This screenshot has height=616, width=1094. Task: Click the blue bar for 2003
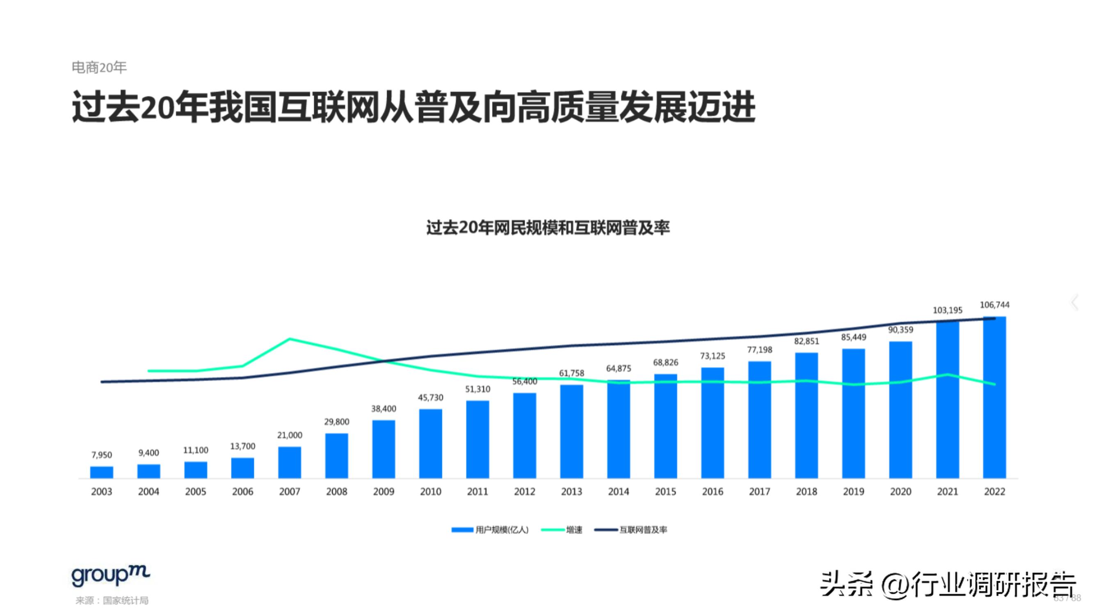101,472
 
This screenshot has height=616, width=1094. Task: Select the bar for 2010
430,444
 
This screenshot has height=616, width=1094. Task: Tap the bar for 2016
712,423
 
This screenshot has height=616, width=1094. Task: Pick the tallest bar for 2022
994,397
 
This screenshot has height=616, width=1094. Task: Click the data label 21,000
290,435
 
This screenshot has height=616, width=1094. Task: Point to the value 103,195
947,310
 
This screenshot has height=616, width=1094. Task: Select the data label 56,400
525,382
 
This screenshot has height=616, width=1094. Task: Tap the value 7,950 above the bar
101,455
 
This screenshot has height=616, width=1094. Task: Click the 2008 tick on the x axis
336,492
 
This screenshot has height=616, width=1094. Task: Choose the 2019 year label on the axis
853,492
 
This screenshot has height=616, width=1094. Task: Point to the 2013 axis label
571,492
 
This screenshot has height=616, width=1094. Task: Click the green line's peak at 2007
290,339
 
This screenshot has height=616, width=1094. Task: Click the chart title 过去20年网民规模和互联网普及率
548,228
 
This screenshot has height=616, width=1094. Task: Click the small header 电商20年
99,67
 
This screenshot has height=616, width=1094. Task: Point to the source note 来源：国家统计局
112,600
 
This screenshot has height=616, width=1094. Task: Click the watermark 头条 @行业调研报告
947,585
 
